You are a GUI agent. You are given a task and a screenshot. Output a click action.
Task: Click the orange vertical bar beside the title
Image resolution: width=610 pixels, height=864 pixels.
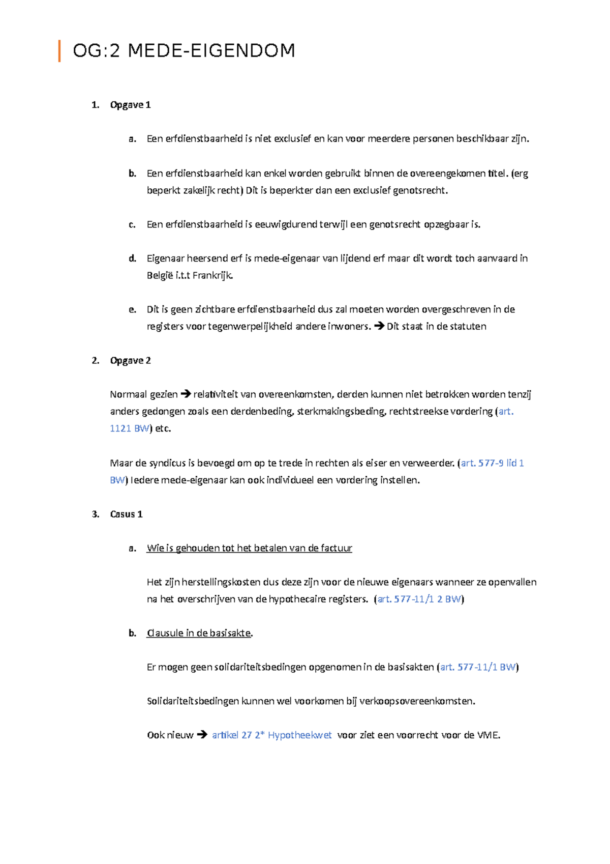(59, 51)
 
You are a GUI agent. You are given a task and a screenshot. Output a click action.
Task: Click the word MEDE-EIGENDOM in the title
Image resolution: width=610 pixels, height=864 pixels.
(211, 51)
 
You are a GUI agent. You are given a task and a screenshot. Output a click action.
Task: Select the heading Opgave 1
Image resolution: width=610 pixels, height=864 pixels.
(130, 105)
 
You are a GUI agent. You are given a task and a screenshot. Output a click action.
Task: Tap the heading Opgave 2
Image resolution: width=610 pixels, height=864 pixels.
(130, 361)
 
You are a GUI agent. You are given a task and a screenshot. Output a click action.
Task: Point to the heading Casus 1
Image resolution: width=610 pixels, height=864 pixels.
(126, 514)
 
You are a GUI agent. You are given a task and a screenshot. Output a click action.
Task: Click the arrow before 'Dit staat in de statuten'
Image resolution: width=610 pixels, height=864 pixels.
(379, 326)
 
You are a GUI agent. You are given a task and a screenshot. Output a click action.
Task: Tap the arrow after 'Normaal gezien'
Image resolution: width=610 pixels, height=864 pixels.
(186, 394)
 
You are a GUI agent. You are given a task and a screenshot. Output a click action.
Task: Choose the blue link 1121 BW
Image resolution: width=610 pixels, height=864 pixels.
(129, 428)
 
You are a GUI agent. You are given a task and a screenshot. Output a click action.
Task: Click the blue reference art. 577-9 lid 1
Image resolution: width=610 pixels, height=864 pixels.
(492, 463)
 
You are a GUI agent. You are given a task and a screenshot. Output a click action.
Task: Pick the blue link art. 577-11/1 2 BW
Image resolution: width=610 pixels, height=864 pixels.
(419, 599)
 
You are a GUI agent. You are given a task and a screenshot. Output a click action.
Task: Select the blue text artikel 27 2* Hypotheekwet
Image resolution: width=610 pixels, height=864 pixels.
(271, 735)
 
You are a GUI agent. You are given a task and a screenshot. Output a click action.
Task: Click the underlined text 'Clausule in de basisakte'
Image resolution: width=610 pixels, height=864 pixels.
(199, 633)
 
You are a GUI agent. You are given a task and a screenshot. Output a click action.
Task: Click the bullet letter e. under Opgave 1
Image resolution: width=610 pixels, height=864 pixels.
(132, 309)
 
